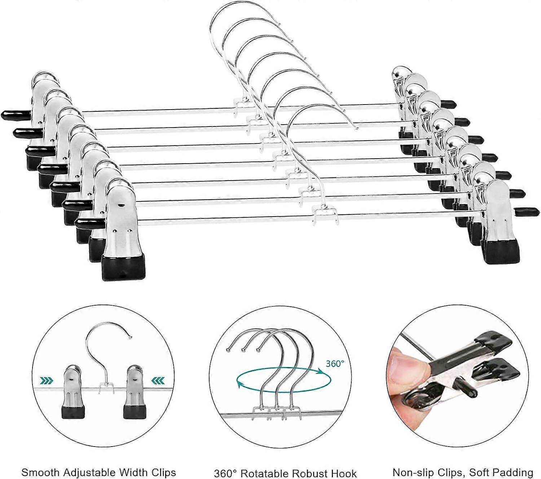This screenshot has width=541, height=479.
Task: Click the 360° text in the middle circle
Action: tap(333, 364)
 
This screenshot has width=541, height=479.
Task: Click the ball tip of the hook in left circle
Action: tap(131, 337)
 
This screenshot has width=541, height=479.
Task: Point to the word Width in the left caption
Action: tap(129, 462)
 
